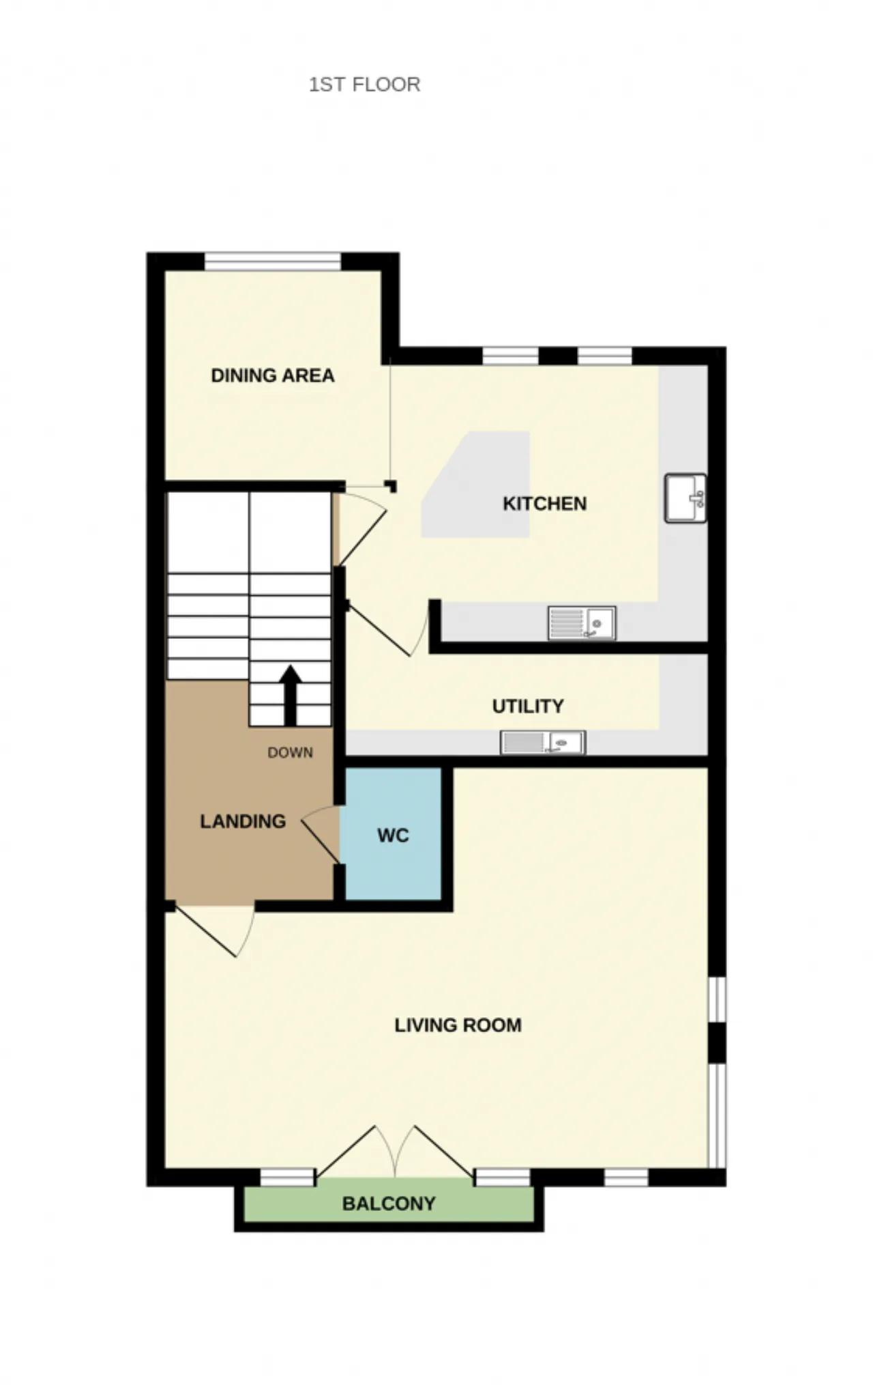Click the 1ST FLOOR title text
pos(364,85)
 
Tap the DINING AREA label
pos(273,375)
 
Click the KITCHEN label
pos(544,504)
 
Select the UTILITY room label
pos(528,706)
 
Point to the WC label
pos(393,836)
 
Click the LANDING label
pos(243,821)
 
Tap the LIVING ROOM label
pos(458,1025)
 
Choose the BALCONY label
pos(389,1203)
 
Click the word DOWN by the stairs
pos(290,753)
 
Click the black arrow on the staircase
pos(291,695)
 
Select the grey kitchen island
pos(476,485)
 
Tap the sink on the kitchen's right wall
pos(685,498)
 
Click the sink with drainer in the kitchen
pos(582,623)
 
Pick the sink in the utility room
pos(543,743)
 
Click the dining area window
pos(273,261)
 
